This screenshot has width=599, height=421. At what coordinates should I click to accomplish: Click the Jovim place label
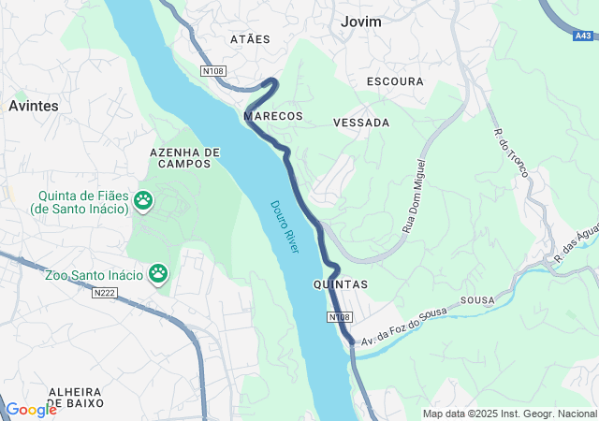361,21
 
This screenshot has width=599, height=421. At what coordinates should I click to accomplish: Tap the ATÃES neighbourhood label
250,39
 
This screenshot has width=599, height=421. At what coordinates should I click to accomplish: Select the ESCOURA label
395,81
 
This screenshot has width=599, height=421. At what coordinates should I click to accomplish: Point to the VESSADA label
361,123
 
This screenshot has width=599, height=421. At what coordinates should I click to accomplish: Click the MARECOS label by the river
273,116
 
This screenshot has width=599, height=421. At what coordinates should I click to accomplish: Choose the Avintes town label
34,106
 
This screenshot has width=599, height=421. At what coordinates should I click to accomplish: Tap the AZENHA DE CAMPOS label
185,157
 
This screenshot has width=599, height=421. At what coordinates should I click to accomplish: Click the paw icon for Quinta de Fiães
143,199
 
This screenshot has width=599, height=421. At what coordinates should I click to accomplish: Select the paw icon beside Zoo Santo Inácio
158,273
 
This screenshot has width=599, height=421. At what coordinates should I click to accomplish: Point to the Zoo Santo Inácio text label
94,275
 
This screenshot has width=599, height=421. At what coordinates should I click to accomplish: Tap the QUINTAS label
340,283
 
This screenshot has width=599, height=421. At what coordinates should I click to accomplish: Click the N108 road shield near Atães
213,70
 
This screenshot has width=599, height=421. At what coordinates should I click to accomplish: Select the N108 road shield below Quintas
340,318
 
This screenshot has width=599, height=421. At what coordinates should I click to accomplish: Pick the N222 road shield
105,293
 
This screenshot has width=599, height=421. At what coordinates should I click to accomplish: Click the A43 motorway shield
582,36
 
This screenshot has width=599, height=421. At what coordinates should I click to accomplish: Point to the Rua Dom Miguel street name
413,196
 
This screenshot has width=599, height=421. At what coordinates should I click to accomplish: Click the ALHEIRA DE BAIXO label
76,397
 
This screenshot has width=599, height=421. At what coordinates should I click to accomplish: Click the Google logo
31,409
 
